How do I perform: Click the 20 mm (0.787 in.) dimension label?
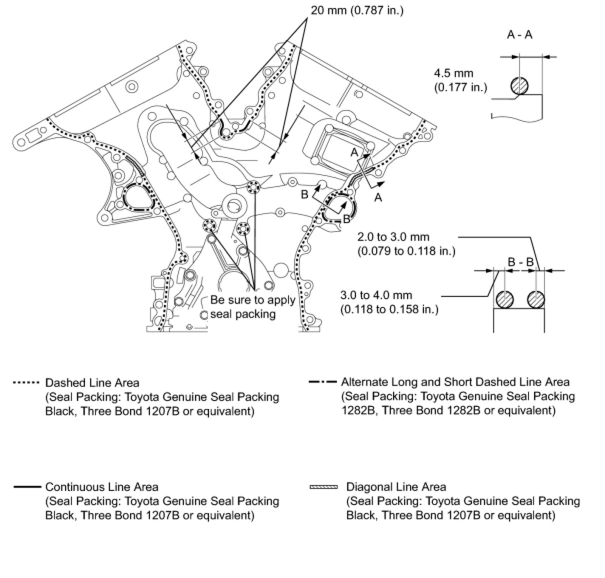pyautogui.click(x=356, y=10)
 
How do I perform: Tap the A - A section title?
pyautogui.click(x=519, y=34)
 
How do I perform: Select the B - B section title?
pyautogui.click(x=520, y=262)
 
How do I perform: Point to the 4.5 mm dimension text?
pyautogui.click(x=453, y=73)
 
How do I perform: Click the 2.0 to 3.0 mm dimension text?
pyautogui.click(x=393, y=237)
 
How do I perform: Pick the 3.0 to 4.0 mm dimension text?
pyautogui.click(x=376, y=295)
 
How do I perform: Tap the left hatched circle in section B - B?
pyautogui.click(x=504, y=300)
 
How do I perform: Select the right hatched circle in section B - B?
pyautogui.click(x=536, y=300)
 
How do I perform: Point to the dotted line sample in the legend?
pyautogui.click(x=25, y=383)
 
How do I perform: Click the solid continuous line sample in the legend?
pyautogui.click(x=25, y=486)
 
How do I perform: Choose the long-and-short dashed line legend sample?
pyautogui.click(x=322, y=382)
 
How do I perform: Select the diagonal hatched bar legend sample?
pyautogui.click(x=323, y=486)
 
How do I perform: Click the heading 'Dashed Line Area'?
pyautogui.click(x=92, y=383)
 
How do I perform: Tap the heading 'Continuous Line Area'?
pyautogui.click(x=101, y=487)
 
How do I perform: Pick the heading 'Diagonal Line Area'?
pyautogui.click(x=396, y=487)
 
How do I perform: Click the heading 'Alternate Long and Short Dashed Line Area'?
pyautogui.click(x=454, y=382)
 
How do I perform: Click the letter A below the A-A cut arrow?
pyautogui.click(x=378, y=198)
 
